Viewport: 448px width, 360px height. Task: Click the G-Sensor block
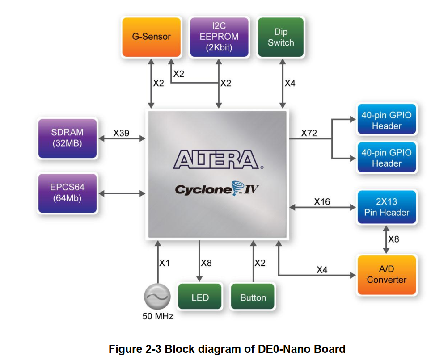152,37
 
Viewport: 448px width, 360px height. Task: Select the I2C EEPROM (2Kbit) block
219,37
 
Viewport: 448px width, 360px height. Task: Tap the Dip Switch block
281,38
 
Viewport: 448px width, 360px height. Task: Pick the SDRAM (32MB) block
67,138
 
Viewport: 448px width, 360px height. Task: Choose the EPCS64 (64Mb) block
67,193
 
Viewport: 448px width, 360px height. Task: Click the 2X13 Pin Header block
386,207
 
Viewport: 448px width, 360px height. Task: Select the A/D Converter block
386,274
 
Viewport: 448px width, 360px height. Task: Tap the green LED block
200,297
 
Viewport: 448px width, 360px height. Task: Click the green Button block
253,297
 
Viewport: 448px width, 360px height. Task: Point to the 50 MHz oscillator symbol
157,297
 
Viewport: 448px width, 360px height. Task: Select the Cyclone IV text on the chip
216,189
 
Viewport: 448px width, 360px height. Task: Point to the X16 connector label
321,201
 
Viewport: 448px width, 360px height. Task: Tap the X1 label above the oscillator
165,263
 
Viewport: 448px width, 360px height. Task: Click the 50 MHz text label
157,317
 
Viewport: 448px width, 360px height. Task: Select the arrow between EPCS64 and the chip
122,193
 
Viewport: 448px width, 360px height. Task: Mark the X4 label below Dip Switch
290,83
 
